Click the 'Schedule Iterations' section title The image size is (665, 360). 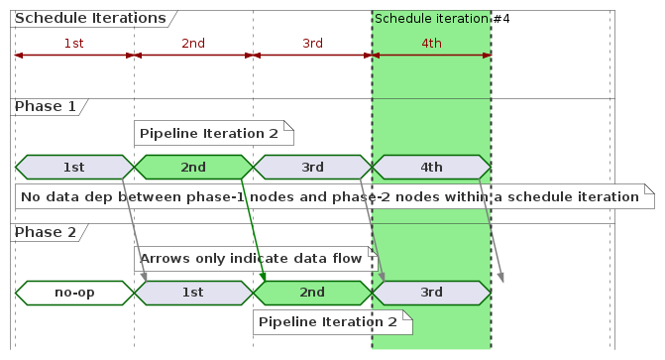pyautogui.click(x=90, y=18)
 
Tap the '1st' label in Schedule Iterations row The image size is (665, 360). pyautogui.click(x=73, y=43)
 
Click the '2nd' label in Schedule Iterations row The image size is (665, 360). pyautogui.click(x=193, y=43)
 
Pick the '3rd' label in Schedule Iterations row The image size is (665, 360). pyautogui.click(x=312, y=43)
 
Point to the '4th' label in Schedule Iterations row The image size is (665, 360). pyautogui.click(x=431, y=43)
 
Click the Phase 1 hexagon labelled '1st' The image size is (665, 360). pyautogui.click(x=74, y=167)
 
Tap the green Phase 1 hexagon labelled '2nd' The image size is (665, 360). pyautogui.click(x=193, y=167)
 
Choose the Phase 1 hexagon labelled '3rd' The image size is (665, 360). pyautogui.click(x=312, y=167)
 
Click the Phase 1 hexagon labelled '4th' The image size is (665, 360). pyautogui.click(x=431, y=167)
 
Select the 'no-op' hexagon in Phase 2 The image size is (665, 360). pyautogui.click(x=74, y=293)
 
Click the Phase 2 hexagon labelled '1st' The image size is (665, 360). pyautogui.click(x=193, y=293)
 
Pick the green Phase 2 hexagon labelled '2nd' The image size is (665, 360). pyautogui.click(x=312, y=293)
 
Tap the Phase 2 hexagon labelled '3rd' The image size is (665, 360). pyautogui.click(x=431, y=293)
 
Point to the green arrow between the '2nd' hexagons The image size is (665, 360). pyautogui.click(x=254, y=229)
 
